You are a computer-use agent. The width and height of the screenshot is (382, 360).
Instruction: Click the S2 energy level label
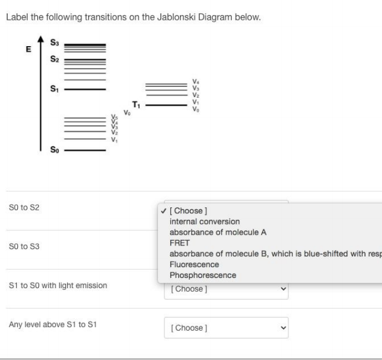(55, 59)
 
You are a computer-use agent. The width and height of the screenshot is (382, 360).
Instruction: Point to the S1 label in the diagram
(55, 89)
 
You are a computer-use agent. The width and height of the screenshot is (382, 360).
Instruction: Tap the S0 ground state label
(55, 150)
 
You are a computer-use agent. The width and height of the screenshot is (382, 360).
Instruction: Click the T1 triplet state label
(136, 105)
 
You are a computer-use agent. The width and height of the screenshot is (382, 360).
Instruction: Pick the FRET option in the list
(179, 243)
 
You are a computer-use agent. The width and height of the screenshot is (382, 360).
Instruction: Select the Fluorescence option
(194, 264)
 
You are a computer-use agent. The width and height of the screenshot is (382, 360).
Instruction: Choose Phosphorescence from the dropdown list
(203, 275)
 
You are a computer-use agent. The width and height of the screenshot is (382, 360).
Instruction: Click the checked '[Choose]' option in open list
(188, 211)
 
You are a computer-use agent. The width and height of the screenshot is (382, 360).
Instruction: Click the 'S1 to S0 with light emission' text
(58, 285)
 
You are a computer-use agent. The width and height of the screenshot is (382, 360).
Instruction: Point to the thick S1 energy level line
(85, 89)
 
